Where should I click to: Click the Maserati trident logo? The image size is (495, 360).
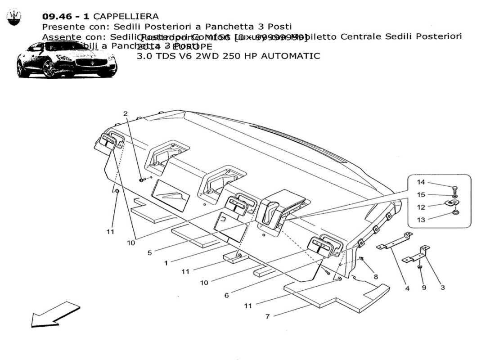click(x=13, y=18)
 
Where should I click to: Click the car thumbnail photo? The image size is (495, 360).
click(x=67, y=59)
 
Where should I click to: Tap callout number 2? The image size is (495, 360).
click(x=126, y=113)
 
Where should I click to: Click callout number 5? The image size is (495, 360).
click(x=149, y=253)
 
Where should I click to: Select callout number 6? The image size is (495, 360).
click(x=227, y=295)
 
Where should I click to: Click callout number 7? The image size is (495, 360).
click(x=267, y=316)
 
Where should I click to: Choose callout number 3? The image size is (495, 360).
click(x=442, y=287)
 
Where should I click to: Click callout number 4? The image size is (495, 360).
click(x=407, y=288)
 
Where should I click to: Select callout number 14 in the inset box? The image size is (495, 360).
click(x=420, y=182)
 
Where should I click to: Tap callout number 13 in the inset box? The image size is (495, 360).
click(x=420, y=220)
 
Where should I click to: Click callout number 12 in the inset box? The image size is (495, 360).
click(x=420, y=207)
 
